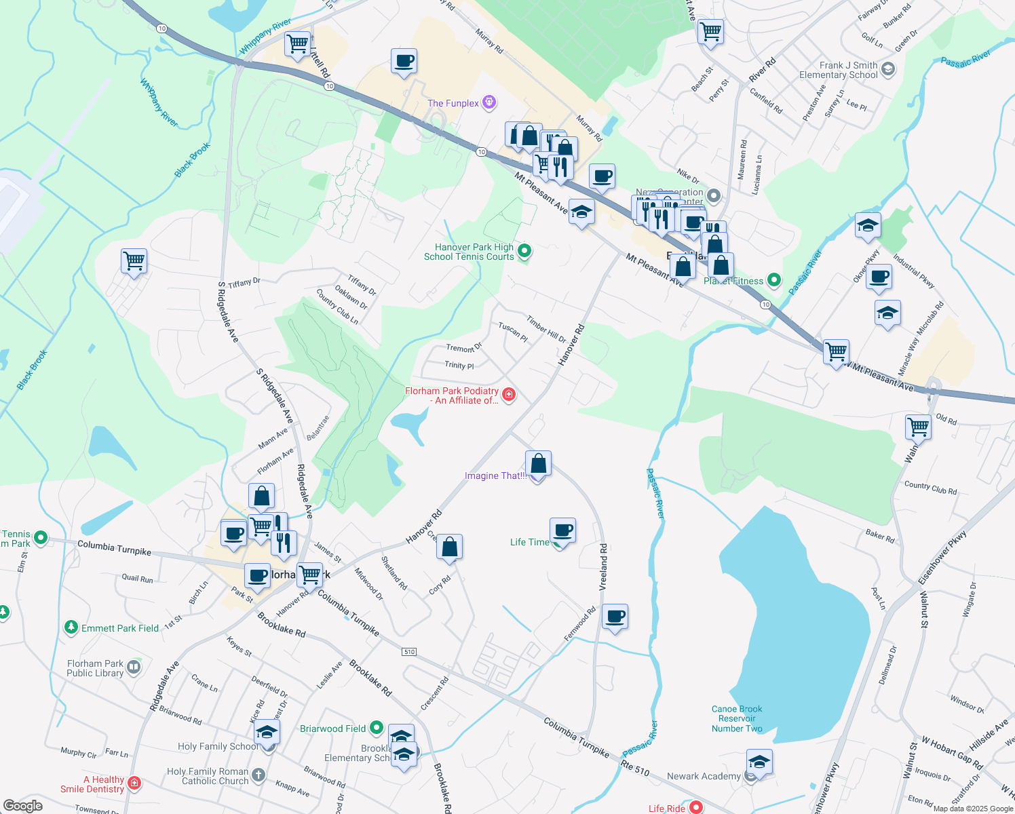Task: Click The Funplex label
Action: click(453, 103)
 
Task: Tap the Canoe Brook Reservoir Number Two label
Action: click(737, 719)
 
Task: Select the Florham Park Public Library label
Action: click(95, 668)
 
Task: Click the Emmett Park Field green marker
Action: click(71, 627)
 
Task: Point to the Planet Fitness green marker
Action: click(773, 280)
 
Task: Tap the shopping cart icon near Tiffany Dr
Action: click(134, 260)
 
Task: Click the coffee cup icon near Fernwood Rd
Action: click(615, 617)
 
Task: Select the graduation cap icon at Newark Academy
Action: click(759, 762)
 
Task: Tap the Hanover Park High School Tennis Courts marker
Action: click(524, 252)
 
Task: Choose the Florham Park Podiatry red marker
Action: click(509, 395)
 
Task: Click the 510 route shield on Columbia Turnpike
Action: click(409, 652)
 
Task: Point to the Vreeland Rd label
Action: click(603, 566)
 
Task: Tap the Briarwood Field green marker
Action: click(377, 729)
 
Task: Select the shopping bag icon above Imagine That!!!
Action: click(538, 464)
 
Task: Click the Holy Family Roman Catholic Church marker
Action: click(258, 775)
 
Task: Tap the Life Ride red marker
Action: click(695, 807)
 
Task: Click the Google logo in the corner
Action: click(22, 806)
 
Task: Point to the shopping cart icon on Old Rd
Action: click(918, 427)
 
